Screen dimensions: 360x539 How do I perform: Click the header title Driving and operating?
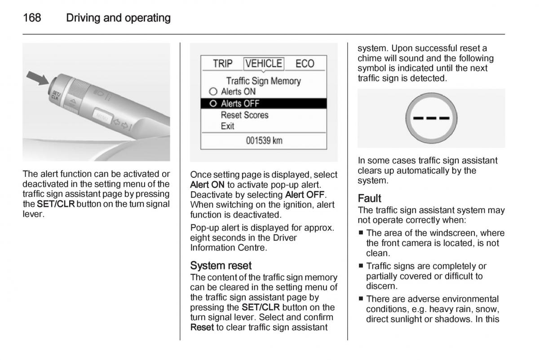click(118, 18)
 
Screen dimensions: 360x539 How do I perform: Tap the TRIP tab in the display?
click(223, 64)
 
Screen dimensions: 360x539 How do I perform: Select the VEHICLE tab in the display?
click(264, 63)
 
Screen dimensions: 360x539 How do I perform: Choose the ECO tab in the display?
click(305, 64)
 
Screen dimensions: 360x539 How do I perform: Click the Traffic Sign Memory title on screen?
click(263, 81)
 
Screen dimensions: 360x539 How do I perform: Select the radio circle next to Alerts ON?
click(213, 92)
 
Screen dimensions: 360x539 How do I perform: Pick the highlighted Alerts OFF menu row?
click(263, 104)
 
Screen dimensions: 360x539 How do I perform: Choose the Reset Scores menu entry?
click(244, 115)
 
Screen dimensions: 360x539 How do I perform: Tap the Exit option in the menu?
click(227, 126)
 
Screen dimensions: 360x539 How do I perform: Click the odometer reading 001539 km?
click(264, 140)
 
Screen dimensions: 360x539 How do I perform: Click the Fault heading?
click(369, 198)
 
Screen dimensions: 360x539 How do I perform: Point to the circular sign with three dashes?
click(431, 118)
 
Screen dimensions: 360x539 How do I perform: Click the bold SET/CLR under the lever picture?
click(56, 204)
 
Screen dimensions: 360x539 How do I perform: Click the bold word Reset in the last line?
click(202, 327)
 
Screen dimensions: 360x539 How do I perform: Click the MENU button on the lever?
click(102, 116)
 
